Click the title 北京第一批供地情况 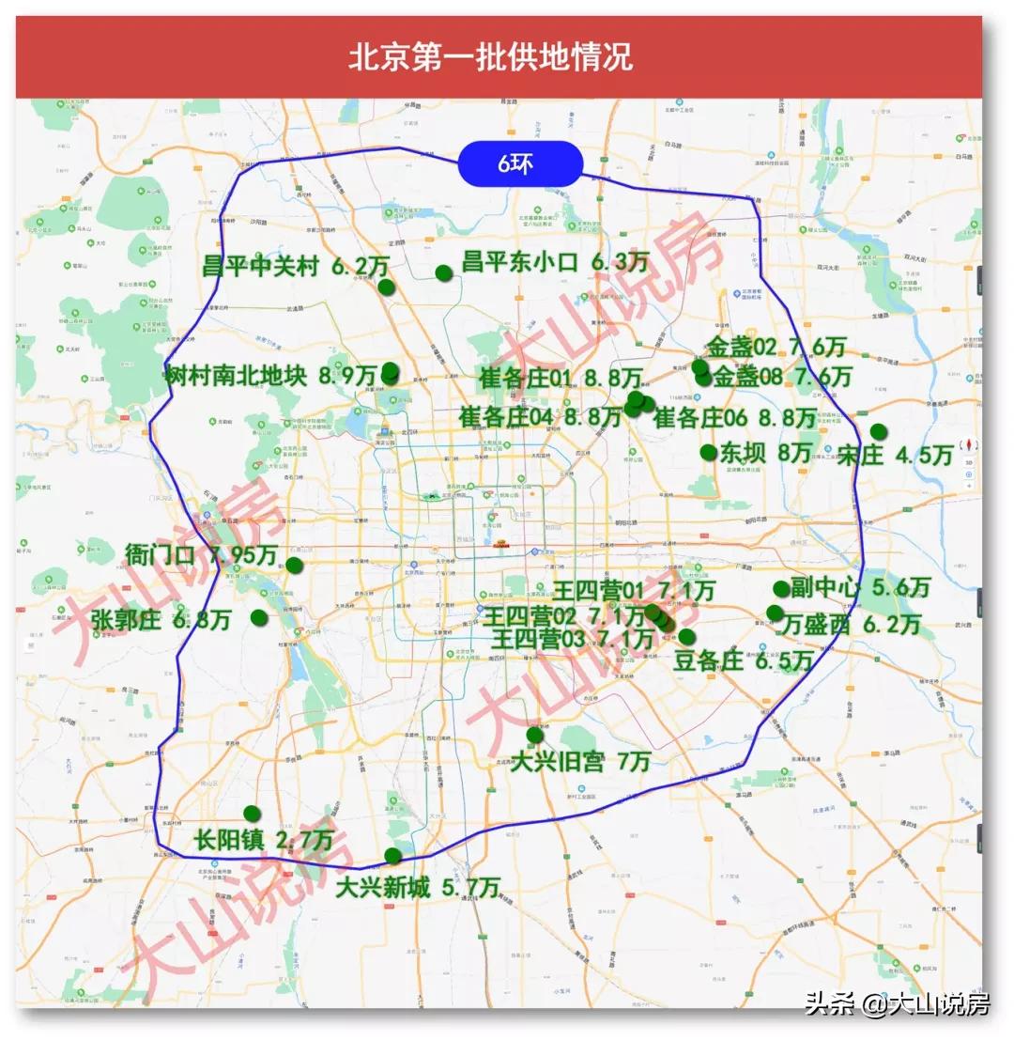coord(490,56)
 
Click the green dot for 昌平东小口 coord(444,273)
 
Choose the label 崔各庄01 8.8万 coord(561,379)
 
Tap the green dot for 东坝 coord(709,453)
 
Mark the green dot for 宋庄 coord(878,432)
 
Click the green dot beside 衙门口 coord(294,566)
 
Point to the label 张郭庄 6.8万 coord(161,620)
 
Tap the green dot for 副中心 coord(781,589)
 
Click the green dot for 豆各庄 coord(686,637)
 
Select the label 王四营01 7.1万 coord(633,591)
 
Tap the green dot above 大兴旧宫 coord(534,735)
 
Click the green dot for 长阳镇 coord(252,814)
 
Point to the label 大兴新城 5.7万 coord(418,887)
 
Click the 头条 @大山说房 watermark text coord(897,1005)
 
